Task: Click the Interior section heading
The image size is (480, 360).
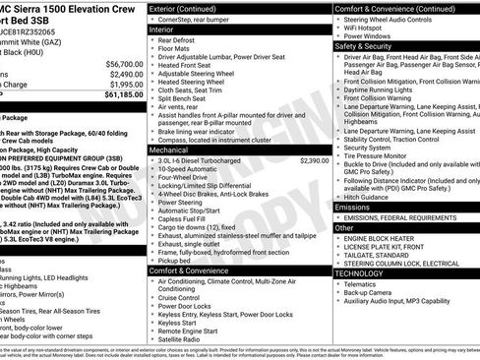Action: [x=163, y=30]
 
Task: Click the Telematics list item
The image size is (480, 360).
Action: [x=367, y=283]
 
